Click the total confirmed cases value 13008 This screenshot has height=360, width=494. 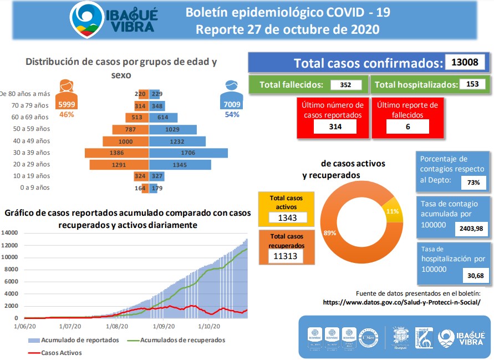coord(465,62)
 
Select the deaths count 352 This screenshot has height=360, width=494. coord(346,85)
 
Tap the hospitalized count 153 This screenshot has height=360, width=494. coord(472,84)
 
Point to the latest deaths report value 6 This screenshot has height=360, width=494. coord(408,127)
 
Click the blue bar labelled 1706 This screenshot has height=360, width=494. coord(189,153)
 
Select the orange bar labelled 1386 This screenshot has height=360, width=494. coord(116,153)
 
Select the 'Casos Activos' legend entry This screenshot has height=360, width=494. coord(62,352)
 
